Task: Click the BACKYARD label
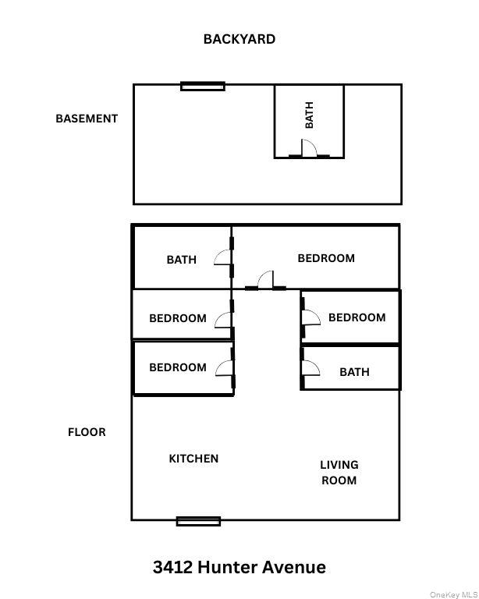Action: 239,39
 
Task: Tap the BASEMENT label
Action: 87,119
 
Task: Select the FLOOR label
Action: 87,431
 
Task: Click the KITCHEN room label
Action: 193,459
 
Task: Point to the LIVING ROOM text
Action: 339,473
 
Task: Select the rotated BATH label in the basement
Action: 309,115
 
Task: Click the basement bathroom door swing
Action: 309,148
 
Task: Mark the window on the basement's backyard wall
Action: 203,86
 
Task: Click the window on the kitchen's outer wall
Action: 198,521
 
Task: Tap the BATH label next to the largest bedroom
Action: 181,260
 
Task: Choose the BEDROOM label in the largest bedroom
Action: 326,258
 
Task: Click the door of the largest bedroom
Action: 266,281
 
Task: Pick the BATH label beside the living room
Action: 354,372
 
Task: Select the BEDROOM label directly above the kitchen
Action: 178,367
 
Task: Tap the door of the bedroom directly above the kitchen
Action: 224,369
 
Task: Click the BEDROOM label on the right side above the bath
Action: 357,317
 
